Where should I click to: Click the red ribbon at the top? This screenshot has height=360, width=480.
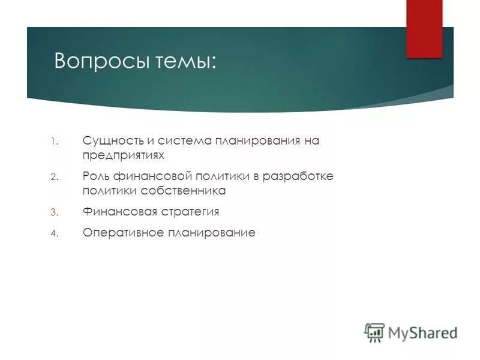point(424,28)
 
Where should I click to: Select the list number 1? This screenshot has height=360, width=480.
point(53,142)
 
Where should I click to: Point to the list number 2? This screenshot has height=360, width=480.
point(53,177)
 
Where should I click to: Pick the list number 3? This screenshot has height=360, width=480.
point(53,212)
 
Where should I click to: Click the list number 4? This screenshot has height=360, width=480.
point(53,233)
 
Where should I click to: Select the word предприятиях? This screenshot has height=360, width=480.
point(124,155)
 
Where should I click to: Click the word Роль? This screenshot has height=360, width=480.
point(95,176)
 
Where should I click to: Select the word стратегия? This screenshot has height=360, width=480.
point(190,212)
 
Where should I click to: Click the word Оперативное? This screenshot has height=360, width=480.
point(125,233)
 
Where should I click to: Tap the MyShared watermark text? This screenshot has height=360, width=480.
point(422,332)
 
